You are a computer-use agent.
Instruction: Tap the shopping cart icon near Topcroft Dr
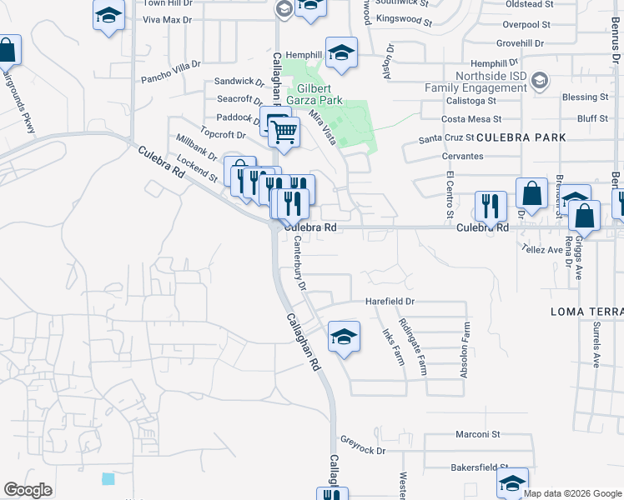pos(284,132)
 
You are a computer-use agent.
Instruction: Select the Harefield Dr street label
pos(390,302)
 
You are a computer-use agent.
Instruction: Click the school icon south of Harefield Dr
pos(343,337)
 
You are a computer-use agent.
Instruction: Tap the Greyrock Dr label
pos(363,451)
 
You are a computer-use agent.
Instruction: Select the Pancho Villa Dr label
pos(171,64)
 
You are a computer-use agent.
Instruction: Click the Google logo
pos(28,490)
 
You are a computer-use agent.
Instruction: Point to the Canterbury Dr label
pos(297,262)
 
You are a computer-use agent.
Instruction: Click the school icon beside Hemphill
pos(340,52)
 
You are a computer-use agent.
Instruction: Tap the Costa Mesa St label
pos(471,120)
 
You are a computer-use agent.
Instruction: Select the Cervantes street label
pos(463,156)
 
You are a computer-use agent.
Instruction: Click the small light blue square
pos(108,478)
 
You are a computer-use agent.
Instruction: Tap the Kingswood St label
pos(402,17)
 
